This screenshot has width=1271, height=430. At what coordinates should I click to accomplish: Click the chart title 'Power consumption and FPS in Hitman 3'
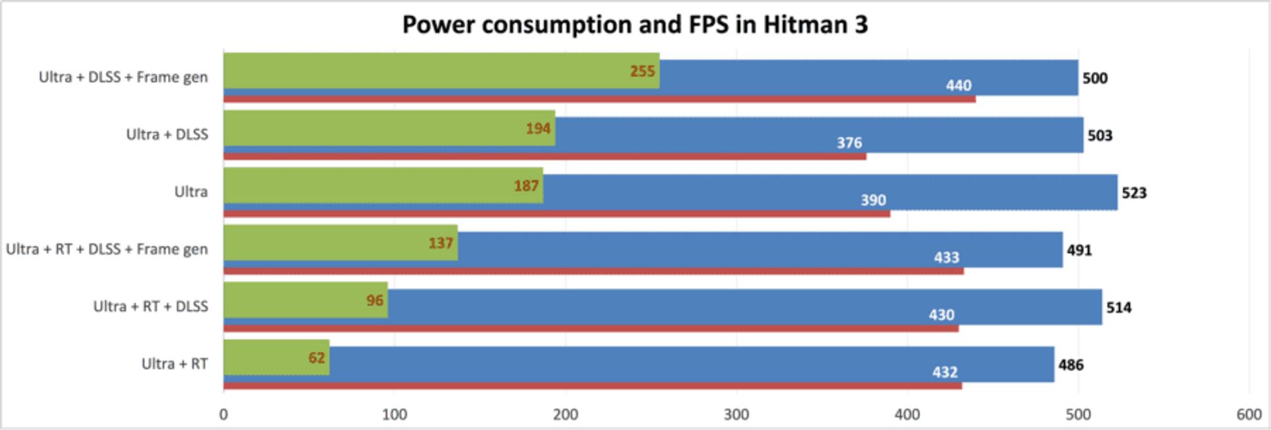click(635, 25)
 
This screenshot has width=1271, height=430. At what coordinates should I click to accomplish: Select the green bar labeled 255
click(442, 71)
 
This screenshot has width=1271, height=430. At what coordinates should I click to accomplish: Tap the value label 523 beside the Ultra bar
click(1134, 193)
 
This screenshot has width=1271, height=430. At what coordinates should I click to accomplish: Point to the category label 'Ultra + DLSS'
click(167, 134)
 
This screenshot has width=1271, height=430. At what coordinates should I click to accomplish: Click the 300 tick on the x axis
click(736, 415)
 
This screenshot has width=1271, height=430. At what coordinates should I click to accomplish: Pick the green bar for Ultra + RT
click(276, 357)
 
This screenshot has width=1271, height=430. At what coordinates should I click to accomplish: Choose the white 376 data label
click(849, 142)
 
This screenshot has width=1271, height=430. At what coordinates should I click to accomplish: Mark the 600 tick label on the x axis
click(1249, 415)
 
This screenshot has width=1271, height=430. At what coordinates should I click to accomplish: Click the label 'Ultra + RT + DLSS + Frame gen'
click(107, 249)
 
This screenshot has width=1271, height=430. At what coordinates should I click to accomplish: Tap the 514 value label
click(1119, 307)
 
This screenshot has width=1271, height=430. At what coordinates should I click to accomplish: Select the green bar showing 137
click(340, 242)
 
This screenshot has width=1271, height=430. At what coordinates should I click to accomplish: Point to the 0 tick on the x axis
click(224, 415)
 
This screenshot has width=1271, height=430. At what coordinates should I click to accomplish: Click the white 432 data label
click(945, 372)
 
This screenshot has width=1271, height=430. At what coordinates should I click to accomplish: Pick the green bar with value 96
click(306, 300)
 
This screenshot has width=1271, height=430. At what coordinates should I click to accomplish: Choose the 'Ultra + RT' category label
click(175, 364)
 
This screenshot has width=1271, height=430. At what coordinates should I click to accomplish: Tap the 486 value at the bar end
click(1071, 365)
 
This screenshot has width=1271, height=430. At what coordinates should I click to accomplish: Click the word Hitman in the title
click(804, 25)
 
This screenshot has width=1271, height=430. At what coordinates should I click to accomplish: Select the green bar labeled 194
click(389, 128)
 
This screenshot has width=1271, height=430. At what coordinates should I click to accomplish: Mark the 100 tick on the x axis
click(395, 415)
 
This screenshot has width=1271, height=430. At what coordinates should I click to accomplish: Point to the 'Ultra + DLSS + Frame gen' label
click(123, 78)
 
